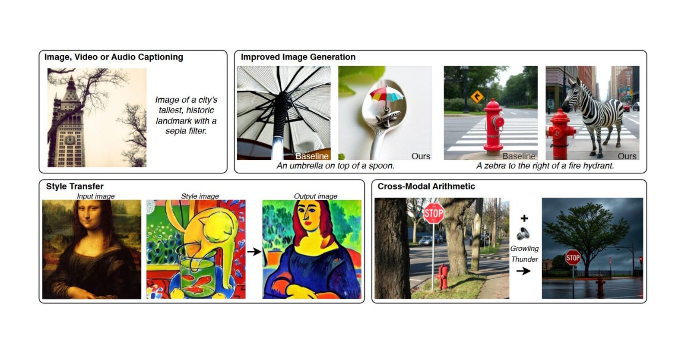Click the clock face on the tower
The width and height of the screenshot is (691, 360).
(x=70, y=140)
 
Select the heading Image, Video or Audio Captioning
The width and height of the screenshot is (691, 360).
(x=114, y=57)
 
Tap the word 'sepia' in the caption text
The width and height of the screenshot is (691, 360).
(x=176, y=131)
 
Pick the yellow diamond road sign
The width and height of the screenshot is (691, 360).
(x=477, y=97)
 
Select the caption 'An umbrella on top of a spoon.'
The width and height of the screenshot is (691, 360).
(x=335, y=166)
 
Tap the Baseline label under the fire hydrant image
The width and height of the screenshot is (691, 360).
(x=518, y=156)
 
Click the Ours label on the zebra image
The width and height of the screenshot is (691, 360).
(x=627, y=156)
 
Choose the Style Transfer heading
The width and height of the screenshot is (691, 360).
(x=75, y=186)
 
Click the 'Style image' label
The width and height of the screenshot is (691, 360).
(x=200, y=196)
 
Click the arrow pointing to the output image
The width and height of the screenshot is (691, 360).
(x=254, y=251)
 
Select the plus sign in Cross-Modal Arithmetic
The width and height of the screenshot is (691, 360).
(x=524, y=218)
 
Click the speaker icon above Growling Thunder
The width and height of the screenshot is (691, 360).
(x=523, y=234)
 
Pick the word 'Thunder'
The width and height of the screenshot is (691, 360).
(x=524, y=259)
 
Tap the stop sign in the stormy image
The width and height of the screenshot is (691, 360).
(x=573, y=258)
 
